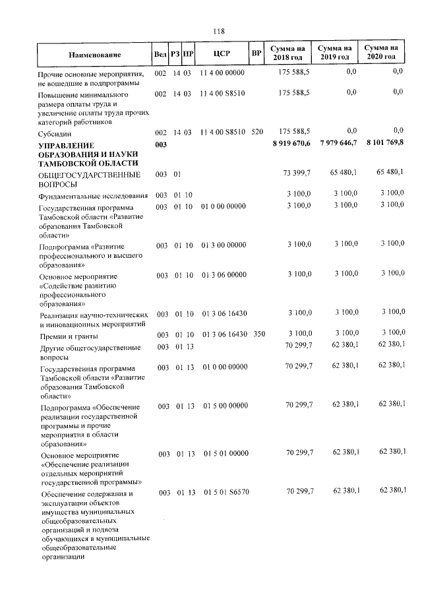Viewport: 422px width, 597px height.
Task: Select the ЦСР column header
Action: coord(222,53)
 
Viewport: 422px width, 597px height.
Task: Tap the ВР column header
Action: coord(257,53)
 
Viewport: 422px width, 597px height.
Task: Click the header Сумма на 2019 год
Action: coord(334,53)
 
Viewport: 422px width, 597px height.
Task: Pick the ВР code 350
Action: coord(258,334)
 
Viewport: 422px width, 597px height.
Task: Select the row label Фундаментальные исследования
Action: coord(92,197)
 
